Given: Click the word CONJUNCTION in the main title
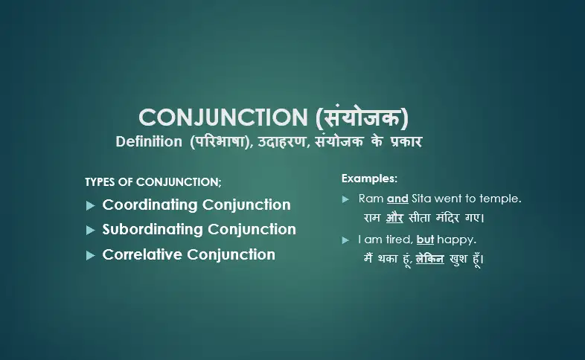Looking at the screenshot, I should (x=217, y=118).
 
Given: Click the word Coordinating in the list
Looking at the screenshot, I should (x=150, y=205).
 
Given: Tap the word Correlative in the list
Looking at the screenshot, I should (x=142, y=254).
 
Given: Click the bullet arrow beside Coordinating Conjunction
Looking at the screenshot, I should (x=90, y=205).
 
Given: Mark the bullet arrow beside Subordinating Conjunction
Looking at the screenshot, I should (x=90, y=230).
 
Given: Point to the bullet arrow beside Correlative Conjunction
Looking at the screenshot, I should (x=90, y=255).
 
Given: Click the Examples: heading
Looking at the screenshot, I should (x=369, y=179).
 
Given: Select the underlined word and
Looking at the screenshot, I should (x=397, y=199).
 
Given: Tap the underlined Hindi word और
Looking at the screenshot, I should (x=394, y=219).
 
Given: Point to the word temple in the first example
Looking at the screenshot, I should (x=499, y=199).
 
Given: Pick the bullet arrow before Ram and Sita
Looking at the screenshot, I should (x=346, y=199).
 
